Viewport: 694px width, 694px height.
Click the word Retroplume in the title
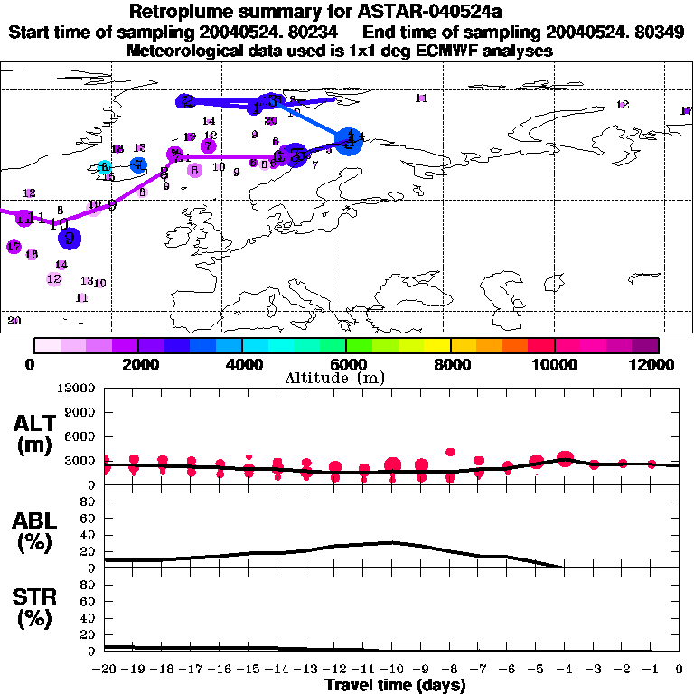(x=186, y=13)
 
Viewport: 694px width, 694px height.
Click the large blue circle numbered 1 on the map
(x=348, y=140)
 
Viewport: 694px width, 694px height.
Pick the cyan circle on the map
(x=105, y=167)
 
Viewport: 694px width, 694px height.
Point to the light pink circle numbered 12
(x=54, y=278)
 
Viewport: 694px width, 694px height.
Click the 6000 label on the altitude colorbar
(x=346, y=364)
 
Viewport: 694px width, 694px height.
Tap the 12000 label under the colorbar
(x=653, y=364)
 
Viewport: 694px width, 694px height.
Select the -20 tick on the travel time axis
(x=104, y=670)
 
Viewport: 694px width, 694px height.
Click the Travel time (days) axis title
(x=395, y=685)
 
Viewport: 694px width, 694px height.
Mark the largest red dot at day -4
(x=566, y=460)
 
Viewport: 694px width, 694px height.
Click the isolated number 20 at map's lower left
(x=14, y=320)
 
